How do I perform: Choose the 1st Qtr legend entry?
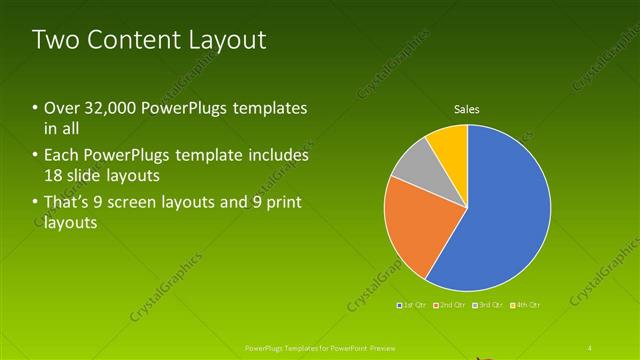tap(412, 304)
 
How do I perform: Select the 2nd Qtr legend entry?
tap(449, 304)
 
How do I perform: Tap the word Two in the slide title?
tap(54, 41)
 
